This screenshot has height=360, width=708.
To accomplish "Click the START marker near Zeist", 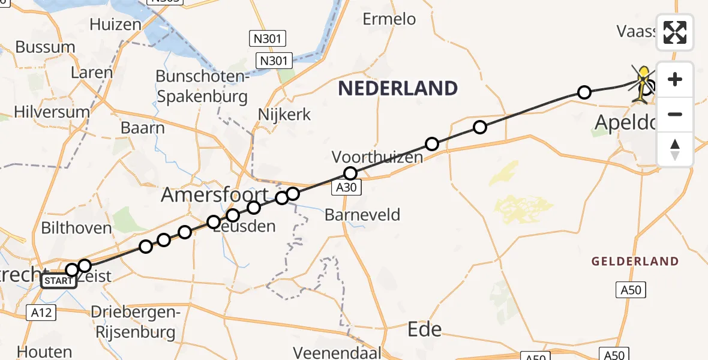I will pyautogui.click(x=59, y=281).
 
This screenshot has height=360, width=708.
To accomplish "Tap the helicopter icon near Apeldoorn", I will pyautogui.click(x=643, y=83).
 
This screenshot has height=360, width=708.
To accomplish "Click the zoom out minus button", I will pyautogui.click(x=675, y=114).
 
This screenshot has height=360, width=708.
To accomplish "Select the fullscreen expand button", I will pyautogui.click(x=675, y=32).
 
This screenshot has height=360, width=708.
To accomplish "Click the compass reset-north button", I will pyautogui.click(x=675, y=149).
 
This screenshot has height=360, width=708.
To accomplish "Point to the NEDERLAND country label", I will pyautogui.click(x=398, y=89).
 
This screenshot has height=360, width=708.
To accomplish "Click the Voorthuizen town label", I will pyautogui.click(x=377, y=157).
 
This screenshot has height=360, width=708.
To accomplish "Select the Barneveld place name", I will pyautogui.click(x=362, y=214).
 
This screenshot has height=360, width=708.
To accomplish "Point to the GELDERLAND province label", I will pyautogui.click(x=635, y=262).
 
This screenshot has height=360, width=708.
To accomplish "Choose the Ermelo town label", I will pyautogui.click(x=389, y=19).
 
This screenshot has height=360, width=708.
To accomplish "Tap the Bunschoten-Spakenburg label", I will pyautogui.click(x=202, y=86).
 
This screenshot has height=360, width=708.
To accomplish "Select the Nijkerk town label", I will pyautogui.click(x=284, y=114).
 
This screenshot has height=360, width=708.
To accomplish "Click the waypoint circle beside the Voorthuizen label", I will pyautogui.click(x=350, y=173).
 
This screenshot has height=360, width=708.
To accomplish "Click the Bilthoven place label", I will pyautogui.click(x=76, y=228).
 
